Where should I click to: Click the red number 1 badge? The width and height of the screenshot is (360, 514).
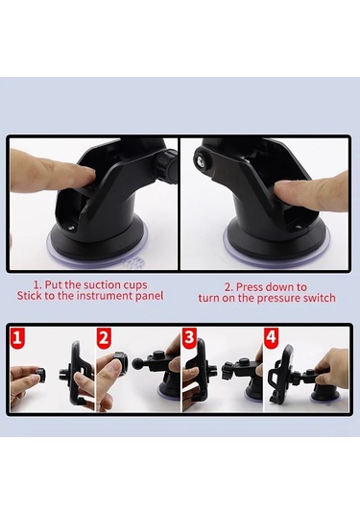(x=17, y=336)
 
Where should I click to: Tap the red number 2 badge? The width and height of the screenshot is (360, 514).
(x=104, y=336)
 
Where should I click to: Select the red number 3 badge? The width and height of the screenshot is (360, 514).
(x=189, y=336)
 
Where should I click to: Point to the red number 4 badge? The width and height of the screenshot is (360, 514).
(x=272, y=336)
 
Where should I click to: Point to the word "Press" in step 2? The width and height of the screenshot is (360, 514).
(x=250, y=287)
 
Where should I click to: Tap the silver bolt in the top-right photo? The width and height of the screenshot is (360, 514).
(x=199, y=159)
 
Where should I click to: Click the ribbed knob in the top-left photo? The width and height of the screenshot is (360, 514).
(x=167, y=166)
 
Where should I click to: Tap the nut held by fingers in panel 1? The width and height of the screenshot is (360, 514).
(x=39, y=376)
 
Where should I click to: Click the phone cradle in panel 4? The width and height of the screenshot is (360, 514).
(x=281, y=375)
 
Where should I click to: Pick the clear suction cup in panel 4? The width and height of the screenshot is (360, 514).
(x=325, y=399)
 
